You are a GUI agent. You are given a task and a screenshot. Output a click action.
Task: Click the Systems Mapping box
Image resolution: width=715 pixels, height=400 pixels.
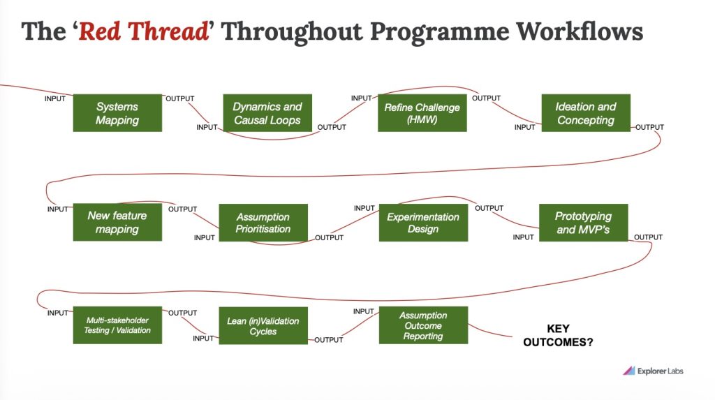117,113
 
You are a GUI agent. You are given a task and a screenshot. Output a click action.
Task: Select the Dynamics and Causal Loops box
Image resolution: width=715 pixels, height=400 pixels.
267,113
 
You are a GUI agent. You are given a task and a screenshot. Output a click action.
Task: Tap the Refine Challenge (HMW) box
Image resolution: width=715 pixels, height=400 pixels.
422,113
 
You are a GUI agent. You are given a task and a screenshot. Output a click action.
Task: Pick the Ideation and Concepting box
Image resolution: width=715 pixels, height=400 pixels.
586,113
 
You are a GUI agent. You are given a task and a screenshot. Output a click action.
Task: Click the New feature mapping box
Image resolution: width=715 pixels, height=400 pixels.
117,222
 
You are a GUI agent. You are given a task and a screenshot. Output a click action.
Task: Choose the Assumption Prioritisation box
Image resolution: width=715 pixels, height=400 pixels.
263,223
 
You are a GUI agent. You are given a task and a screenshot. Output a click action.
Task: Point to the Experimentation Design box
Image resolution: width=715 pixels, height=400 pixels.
423,223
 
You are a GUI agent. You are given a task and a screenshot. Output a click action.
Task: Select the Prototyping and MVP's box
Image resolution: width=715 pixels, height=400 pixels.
584,223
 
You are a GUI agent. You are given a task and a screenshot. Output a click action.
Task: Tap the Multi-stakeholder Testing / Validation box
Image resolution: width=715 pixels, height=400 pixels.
117,325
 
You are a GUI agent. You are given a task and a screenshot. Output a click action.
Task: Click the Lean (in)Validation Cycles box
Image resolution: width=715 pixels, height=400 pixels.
263,325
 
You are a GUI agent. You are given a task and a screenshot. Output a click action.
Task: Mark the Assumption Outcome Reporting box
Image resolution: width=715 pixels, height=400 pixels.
423,325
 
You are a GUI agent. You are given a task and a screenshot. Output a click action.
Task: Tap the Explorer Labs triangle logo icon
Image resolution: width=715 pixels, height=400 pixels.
628,371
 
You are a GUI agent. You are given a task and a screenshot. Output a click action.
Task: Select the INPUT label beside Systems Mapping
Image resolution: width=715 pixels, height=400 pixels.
54,98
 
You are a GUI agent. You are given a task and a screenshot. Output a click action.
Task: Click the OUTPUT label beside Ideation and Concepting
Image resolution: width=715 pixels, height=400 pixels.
649,127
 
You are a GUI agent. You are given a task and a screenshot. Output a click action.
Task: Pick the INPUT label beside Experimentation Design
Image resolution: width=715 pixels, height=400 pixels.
364,208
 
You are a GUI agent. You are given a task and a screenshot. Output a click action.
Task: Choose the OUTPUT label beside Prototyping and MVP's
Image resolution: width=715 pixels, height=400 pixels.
648,237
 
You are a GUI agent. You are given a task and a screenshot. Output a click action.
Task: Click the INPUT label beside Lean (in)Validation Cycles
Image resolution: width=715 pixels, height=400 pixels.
203,339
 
